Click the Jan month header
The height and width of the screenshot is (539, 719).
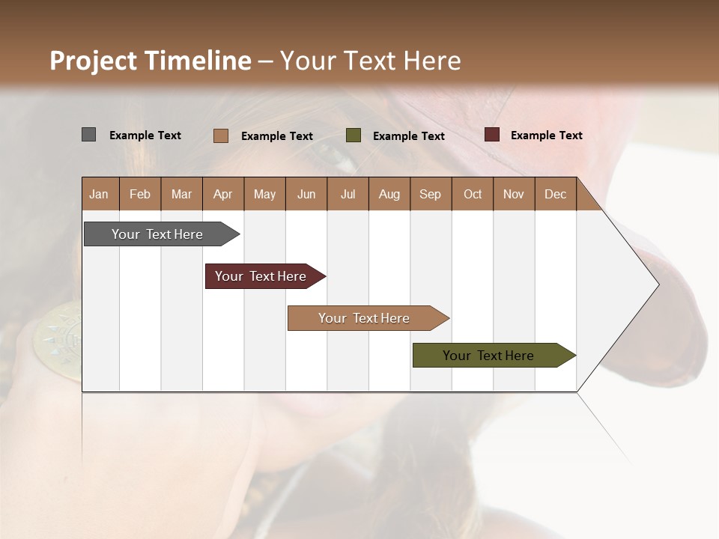100,194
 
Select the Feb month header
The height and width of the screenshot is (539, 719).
140,194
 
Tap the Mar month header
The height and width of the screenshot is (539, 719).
181,194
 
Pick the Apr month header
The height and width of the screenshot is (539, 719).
223,194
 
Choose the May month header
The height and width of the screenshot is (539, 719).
264,194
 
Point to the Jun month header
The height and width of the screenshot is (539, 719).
306,194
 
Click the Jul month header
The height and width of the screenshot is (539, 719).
348,194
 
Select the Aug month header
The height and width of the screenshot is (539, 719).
389,194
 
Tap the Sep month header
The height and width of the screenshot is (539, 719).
431,194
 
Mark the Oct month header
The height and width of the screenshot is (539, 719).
473,194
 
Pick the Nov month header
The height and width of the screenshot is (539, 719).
514,194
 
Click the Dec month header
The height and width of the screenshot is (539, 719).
556,194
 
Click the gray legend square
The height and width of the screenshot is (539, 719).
88,135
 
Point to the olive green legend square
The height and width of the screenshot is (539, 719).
354,135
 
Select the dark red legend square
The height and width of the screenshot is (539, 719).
491,135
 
